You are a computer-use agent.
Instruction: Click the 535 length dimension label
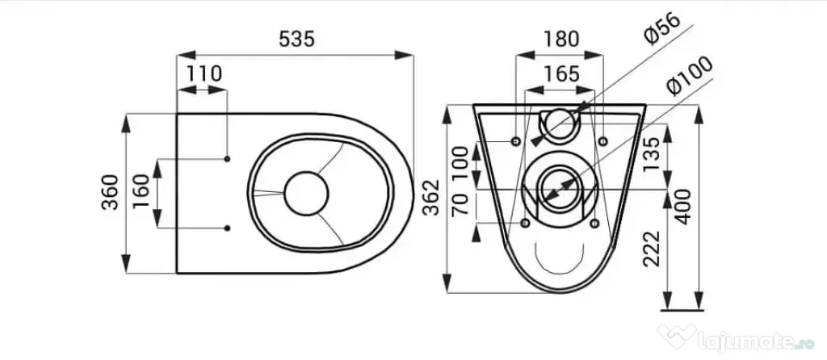pos(296,39)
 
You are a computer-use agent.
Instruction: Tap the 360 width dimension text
pos(111,192)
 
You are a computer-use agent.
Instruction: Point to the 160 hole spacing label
pos(141,192)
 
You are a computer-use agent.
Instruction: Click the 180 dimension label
pos(561,39)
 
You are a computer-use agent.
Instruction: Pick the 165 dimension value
pos(562,73)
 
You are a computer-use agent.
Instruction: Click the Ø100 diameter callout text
pos(690,75)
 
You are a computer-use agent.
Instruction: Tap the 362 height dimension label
pos(432,198)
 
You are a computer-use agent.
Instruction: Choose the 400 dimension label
pos(683,207)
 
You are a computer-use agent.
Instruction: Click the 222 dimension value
pos(652,249)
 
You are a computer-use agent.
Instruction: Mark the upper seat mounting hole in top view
pos(227,159)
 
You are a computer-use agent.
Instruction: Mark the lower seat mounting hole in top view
pos(227,228)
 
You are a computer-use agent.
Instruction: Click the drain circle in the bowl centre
pos(306,193)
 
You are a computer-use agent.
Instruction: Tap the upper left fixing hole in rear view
pos(516,141)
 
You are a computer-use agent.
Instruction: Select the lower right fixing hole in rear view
pos(594,224)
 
